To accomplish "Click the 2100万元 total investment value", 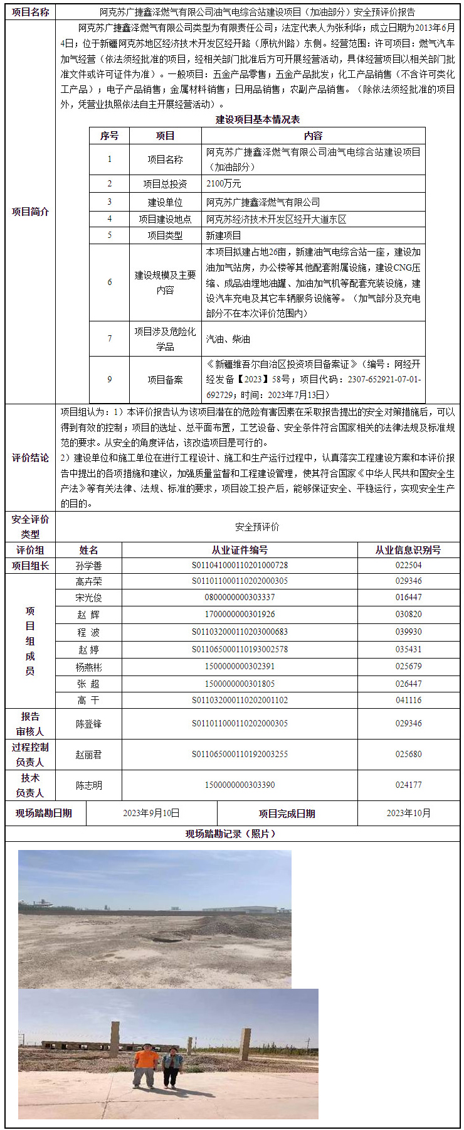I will (224, 184).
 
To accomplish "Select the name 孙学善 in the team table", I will (88, 566).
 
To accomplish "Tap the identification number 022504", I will (408, 566).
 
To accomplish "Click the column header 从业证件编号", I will (240, 550).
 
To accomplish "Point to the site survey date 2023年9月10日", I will (151, 813).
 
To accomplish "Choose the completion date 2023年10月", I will (408, 813).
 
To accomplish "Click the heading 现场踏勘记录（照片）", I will (231, 834).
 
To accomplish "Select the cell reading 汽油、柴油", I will (228, 339).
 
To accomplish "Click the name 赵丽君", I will (88, 755).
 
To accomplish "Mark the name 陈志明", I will (88, 785).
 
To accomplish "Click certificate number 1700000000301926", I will (240, 615).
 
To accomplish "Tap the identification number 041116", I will (408, 700).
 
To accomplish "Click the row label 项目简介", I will (30, 212).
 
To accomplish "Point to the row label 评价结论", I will (30, 458).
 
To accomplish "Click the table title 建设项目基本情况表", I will (258, 119).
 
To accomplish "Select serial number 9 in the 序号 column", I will (109, 380).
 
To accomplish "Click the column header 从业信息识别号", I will (408, 550).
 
